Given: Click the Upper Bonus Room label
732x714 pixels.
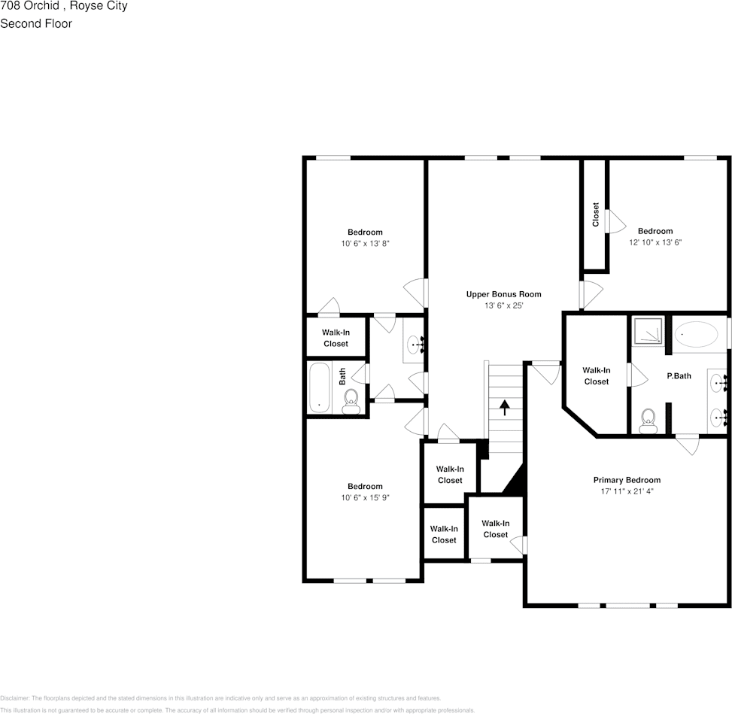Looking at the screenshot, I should coord(503,294).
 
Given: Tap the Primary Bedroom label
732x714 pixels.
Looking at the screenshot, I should coord(627,480).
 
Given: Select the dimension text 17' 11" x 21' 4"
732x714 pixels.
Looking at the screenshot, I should coord(627,491).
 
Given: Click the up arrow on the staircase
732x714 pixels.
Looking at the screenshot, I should coord(504,408).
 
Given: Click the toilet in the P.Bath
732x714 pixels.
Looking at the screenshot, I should coord(648,421).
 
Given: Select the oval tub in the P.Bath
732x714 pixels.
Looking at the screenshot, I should coord(696,333).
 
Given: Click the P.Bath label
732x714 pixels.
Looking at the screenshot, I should coord(679,375).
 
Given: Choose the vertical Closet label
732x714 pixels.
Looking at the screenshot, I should coord(595,214).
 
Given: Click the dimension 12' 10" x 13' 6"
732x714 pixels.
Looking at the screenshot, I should coord(655,242).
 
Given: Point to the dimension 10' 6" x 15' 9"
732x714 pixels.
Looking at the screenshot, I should coord(365,497).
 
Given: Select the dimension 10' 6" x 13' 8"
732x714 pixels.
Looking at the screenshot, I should coord(365,243).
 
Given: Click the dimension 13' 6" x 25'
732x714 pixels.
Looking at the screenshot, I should coord(503,305).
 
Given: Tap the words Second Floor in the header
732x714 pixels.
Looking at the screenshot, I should coord(36,23).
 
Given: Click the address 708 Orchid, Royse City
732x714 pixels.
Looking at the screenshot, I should coord(64,6).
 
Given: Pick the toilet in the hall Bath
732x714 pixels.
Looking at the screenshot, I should coord(351,403).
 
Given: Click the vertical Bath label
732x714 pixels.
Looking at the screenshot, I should coord(342,375).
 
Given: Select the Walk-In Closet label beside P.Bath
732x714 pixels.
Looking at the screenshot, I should coord(596,375).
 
